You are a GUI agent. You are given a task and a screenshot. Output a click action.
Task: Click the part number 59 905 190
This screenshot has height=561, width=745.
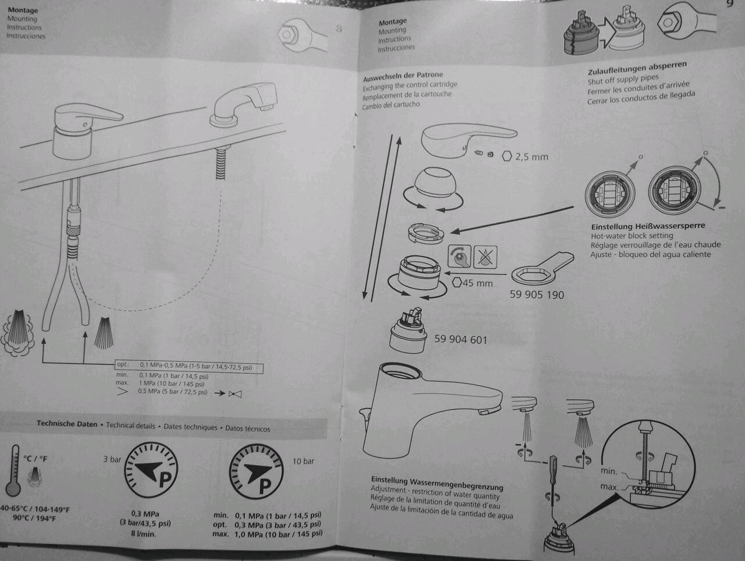pyautogui.click(x=537, y=295)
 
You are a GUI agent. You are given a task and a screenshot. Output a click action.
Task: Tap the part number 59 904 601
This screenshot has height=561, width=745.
pyautogui.click(x=460, y=339)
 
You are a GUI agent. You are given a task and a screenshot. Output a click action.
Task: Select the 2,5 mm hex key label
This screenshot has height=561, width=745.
pyautogui.click(x=525, y=157)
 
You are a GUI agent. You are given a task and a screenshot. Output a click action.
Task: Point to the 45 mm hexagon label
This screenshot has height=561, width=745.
pyautogui.click(x=473, y=283)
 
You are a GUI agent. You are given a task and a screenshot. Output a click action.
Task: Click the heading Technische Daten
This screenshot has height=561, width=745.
pyautogui.click(x=67, y=424)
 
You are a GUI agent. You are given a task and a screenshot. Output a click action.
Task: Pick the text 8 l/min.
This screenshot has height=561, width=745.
pyautogui.click(x=144, y=533)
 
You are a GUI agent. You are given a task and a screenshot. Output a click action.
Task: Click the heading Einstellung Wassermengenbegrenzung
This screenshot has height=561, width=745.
pyautogui.click(x=437, y=482)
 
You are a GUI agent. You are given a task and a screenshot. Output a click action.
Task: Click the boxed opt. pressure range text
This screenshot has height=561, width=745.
pyautogui.click(x=189, y=367)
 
